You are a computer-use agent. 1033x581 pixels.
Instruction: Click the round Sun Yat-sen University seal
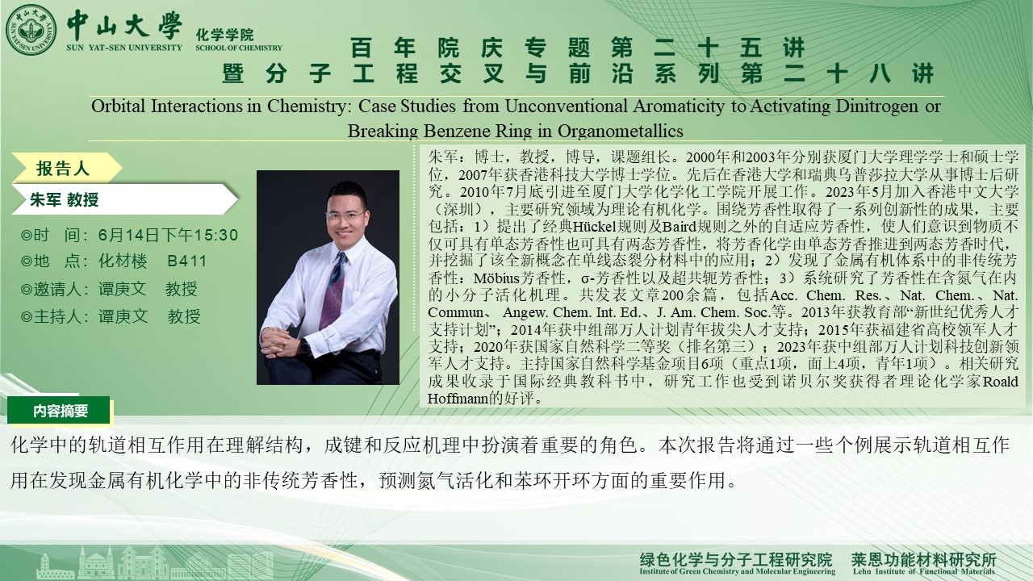31,30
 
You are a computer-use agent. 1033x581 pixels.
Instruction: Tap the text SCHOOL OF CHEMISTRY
238,48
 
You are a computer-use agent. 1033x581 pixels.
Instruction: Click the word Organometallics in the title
621,131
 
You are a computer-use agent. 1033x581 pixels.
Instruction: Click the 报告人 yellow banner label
63,169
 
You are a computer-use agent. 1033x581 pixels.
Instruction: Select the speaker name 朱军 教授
64,199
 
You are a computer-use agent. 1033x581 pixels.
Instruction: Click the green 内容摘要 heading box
59,410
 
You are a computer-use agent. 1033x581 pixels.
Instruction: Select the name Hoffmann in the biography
458,399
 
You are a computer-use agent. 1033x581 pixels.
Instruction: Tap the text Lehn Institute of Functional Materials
924,571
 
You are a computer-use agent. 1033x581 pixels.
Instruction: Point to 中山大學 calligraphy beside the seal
124,25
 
